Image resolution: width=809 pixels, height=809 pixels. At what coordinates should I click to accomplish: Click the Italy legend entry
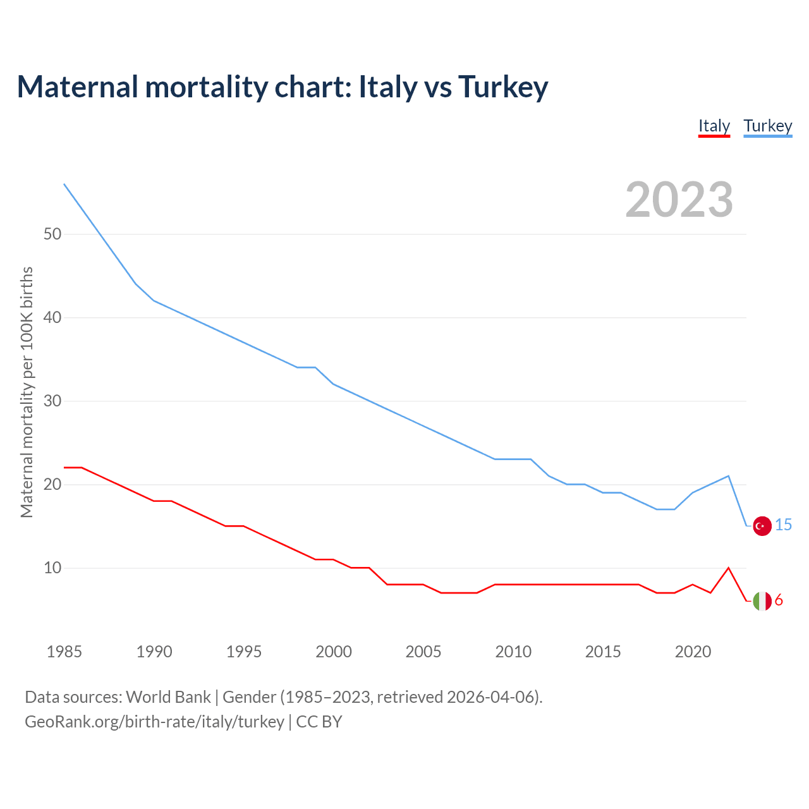click(714, 126)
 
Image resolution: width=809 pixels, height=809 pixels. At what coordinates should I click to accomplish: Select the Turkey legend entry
click(768, 126)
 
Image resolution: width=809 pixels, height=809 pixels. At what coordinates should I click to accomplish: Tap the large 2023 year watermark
click(679, 200)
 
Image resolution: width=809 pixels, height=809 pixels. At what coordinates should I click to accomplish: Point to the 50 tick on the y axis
click(52, 234)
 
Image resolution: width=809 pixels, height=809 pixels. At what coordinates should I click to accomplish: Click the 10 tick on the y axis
click(52, 568)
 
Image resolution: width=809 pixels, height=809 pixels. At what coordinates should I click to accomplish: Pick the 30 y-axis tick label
click(52, 401)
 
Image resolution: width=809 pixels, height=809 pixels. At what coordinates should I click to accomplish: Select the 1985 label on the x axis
click(64, 652)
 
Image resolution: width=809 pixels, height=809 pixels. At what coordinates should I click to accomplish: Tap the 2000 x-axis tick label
click(334, 652)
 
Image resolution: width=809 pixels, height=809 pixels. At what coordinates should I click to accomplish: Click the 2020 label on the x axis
click(693, 652)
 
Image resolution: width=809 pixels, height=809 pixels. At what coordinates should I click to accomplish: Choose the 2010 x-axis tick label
click(513, 652)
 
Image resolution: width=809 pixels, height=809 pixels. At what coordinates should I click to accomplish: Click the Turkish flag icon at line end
click(762, 526)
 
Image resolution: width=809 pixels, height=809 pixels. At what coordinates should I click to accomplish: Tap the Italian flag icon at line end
click(762, 601)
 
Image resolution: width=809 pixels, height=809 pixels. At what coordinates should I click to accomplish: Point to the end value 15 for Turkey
click(784, 525)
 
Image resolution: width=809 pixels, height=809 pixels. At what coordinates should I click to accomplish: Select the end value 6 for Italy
click(779, 600)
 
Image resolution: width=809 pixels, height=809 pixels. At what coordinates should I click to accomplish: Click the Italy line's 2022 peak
click(729, 568)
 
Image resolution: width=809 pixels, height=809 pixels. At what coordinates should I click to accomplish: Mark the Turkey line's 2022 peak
click(729, 476)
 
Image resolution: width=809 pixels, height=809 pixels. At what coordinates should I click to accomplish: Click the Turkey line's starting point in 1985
click(64, 184)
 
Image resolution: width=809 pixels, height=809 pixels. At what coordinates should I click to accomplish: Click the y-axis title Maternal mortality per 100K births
click(27, 392)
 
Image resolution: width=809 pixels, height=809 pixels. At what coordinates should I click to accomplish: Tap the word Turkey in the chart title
click(502, 87)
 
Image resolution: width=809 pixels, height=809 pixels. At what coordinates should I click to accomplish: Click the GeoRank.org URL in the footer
click(154, 722)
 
